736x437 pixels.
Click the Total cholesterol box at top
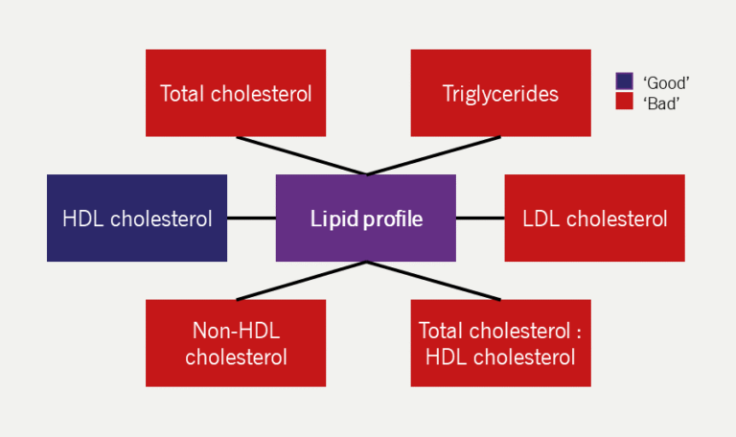(x=236, y=93)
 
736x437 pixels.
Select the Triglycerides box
(x=500, y=93)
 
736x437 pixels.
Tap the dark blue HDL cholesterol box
(x=137, y=218)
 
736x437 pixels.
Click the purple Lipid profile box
(x=365, y=218)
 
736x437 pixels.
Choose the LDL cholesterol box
(x=594, y=218)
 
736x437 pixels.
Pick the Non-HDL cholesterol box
(x=236, y=343)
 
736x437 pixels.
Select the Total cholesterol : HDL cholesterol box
(x=500, y=343)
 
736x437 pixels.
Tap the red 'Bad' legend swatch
(x=624, y=101)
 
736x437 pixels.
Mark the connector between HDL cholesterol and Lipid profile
(x=251, y=218)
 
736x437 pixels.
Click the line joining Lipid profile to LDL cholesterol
(x=480, y=218)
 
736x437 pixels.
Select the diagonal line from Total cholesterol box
(x=301, y=155)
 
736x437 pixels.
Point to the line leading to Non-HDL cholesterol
(x=301, y=280)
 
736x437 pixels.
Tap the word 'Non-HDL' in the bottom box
(x=236, y=332)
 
